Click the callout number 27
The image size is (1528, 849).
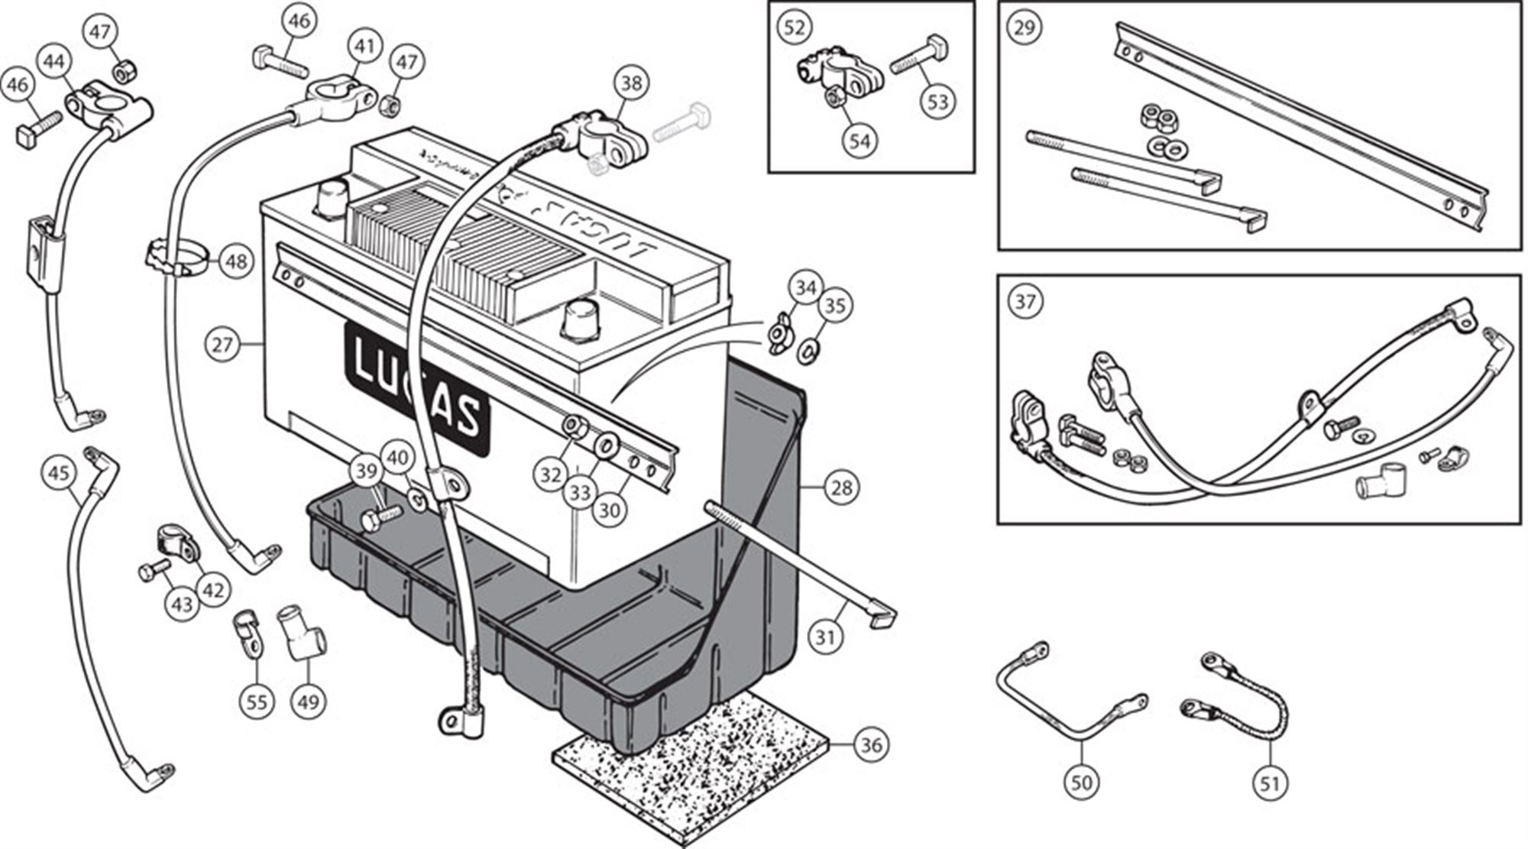pyautogui.click(x=222, y=345)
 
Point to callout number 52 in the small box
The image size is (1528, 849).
pyautogui.click(x=795, y=28)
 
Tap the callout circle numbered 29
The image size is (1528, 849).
pyautogui.click(x=1024, y=28)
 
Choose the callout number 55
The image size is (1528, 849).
pyautogui.click(x=257, y=701)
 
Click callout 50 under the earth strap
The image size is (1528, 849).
pyautogui.click(x=1082, y=783)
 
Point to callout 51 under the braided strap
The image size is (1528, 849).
pyautogui.click(x=1270, y=783)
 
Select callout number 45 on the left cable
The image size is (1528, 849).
pyautogui.click(x=60, y=471)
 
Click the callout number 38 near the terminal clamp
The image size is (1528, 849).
pyautogui.click(x=631, y=83)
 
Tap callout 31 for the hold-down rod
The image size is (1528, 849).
pyautogui.click(x=825, y=636)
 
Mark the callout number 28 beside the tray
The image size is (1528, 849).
pyautogui.click(x=841, y=487)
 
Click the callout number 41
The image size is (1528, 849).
pyautogui.click(x=365, y=47)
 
